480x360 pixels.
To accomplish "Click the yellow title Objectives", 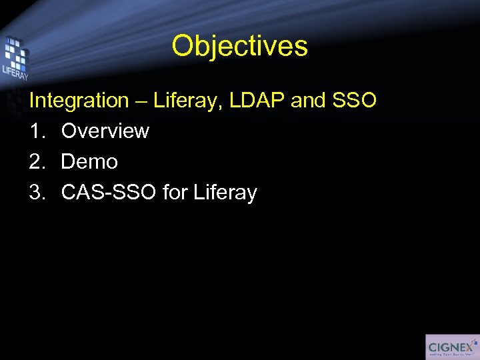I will pos(239,46).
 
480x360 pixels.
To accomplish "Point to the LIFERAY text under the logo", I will pos(15,71).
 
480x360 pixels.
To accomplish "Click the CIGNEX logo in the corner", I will pos(452,347).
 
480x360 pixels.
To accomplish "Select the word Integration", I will pos(79,101).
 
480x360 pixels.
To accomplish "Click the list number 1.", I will pos(36,131).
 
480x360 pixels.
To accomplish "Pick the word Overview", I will pos(105,131).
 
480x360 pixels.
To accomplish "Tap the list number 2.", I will pos(37,162).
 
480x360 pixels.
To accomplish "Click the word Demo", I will pos(89,162).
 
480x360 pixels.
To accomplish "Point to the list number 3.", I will pos(37,193).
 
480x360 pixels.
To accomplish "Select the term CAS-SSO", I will pos(109,193).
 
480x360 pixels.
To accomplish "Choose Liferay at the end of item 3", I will pos(225,193).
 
